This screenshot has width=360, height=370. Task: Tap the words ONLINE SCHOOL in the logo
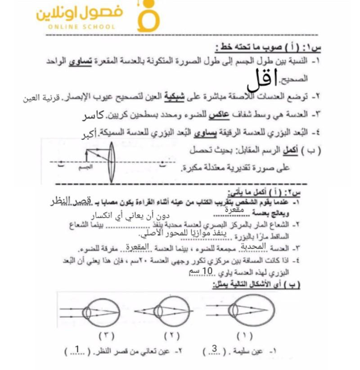[x=81, y=27]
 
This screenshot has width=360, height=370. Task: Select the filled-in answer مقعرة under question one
[x=233, y=210]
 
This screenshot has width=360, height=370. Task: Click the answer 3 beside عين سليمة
[x=214, y=350]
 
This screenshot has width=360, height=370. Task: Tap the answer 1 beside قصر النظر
[x=77, y=350]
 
